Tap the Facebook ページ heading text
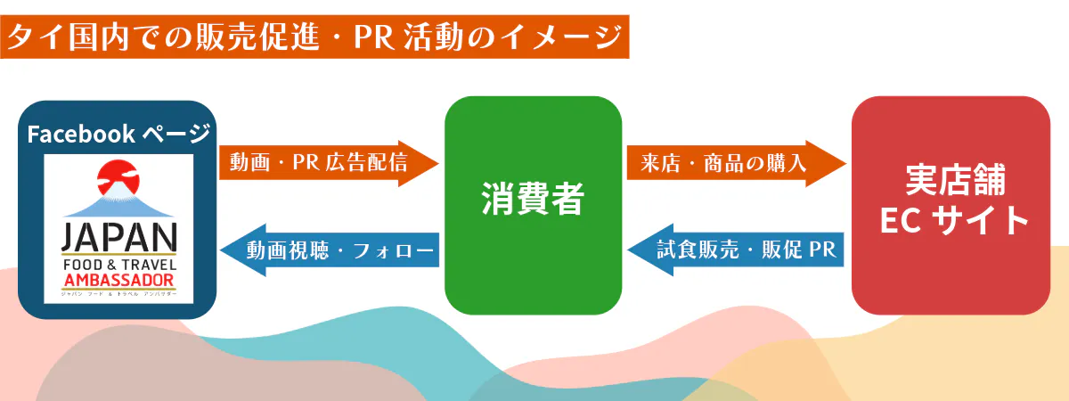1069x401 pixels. (118, 135)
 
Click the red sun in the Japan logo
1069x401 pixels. (118, 178)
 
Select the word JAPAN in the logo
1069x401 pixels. (118, 239)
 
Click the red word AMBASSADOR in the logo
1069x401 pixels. (118, 281)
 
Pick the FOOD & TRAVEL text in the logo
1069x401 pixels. (118, 266)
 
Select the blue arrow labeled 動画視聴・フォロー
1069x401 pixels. (330, 250)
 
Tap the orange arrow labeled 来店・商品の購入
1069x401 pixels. (735, 163)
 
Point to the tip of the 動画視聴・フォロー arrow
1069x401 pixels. (224, 250)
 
